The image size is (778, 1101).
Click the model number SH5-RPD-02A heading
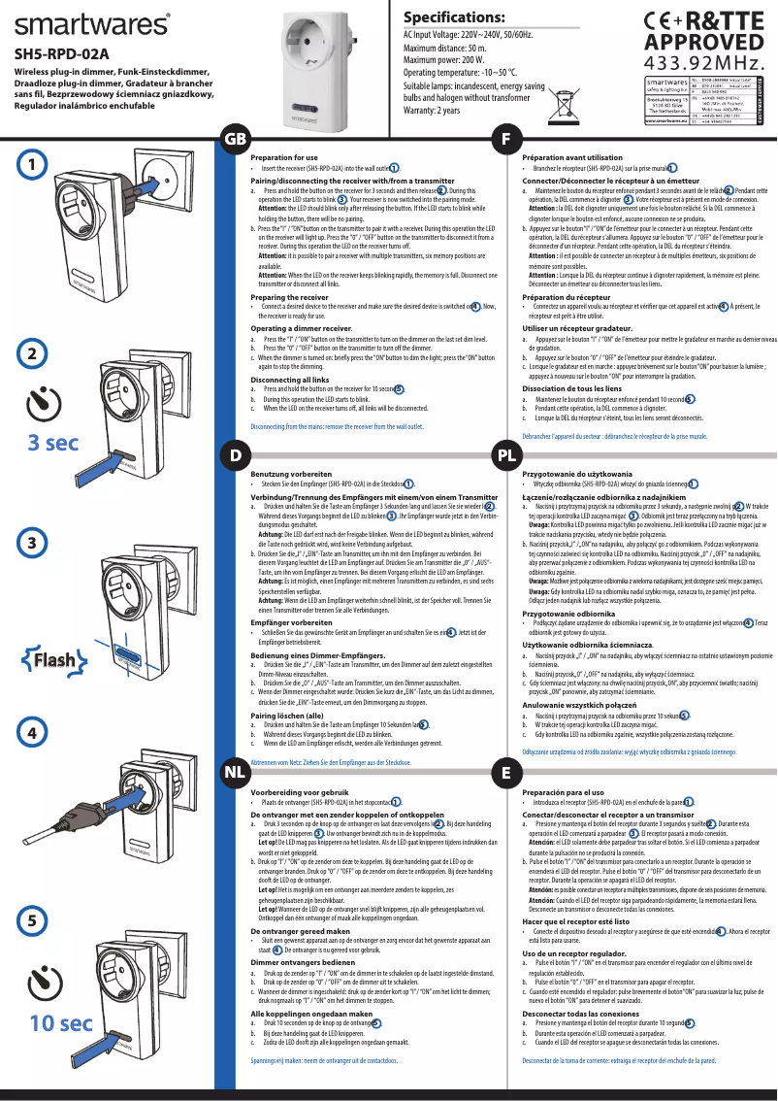click(x=61, y=54)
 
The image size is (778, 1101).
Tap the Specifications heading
click(x=455, y=17)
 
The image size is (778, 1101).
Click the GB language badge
click(x=235, y=140)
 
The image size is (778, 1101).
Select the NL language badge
click(x=235, y=772)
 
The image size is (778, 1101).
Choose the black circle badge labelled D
click(x=235, y=454)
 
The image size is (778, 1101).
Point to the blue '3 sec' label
click(x=52, y=443)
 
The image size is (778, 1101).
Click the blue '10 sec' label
click(x=60, y=1022)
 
